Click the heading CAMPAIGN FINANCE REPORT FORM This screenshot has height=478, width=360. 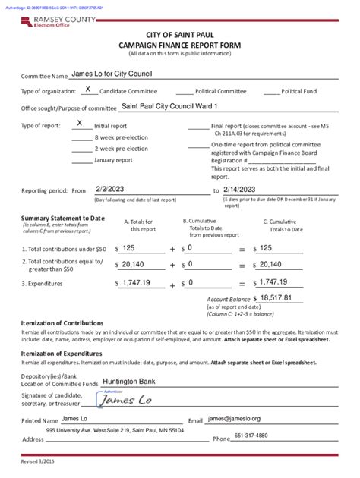pos(179,46)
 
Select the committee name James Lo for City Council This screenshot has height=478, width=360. pos(112,74)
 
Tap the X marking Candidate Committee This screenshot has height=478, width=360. pos(88,90)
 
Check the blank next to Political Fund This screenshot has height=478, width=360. pos(272,91)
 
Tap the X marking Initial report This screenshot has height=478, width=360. pos(80,123)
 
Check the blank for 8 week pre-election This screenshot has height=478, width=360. pos(81,137)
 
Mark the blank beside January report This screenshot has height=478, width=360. pos(81,160)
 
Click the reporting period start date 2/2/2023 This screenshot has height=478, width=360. pos(110,190)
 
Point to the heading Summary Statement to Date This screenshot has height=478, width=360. pos(62,218)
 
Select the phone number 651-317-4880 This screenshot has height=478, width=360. pos(251,436)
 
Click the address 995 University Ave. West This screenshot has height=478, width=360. pos(115,430)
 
